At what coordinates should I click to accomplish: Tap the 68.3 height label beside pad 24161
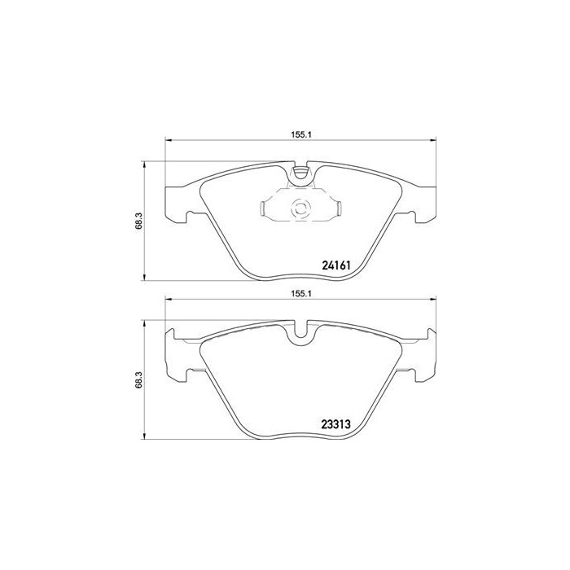[139, 221]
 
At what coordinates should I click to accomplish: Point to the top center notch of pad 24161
[301, 172]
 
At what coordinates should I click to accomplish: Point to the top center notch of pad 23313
[301, 331]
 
